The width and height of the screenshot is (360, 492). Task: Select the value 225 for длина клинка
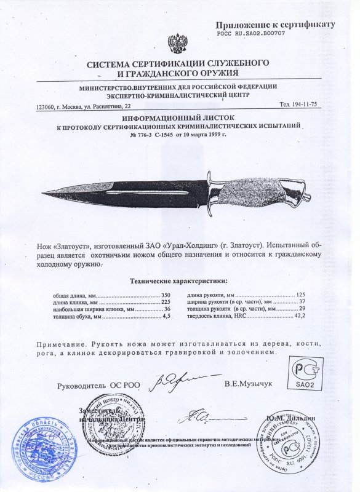[164, 303]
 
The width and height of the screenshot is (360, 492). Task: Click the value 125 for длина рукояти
[300, 295]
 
